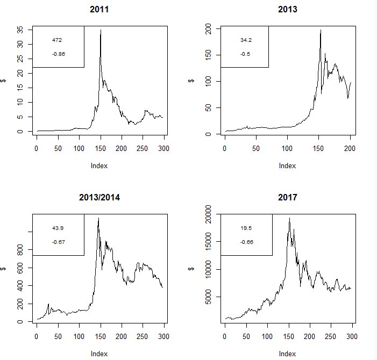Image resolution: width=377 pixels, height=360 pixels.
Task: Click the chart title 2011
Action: pos(100,9)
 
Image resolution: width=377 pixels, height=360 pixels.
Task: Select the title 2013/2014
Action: pos(100,197)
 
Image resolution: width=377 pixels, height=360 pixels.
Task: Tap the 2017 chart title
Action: pos(288,197)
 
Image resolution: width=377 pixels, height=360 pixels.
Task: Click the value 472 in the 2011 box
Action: pos(57,40)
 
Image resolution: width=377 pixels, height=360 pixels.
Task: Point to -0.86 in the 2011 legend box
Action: pos(59,54)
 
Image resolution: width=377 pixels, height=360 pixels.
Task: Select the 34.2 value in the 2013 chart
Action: pos(245,40)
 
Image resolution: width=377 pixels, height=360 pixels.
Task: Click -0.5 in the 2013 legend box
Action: pos(245,54)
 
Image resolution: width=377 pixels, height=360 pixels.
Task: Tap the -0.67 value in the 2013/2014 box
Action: pos(59,242)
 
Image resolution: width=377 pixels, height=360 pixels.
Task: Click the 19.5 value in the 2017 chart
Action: pos(246,228)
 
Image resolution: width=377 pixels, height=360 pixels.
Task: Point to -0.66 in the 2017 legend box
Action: pos(247,242)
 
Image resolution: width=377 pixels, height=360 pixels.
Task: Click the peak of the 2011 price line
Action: pos(101,30)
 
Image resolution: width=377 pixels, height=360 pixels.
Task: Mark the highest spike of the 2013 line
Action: pos(321,31)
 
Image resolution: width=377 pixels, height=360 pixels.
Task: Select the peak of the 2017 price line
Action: pos(289,218)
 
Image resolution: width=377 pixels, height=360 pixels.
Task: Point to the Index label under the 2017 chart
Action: pos(288,354)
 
